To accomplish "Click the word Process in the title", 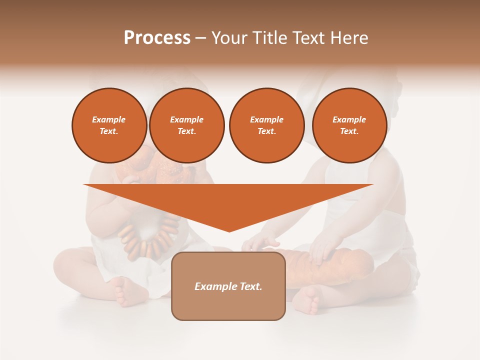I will (x=157, y=38).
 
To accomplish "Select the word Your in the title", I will (x=229, y=38).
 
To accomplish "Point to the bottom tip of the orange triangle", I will (x=229, y=230).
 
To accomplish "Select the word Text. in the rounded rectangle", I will (x=249, y=286).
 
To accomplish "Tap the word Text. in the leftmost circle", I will (x=109, y=131).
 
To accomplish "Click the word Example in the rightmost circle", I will (x=349, y=119).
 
